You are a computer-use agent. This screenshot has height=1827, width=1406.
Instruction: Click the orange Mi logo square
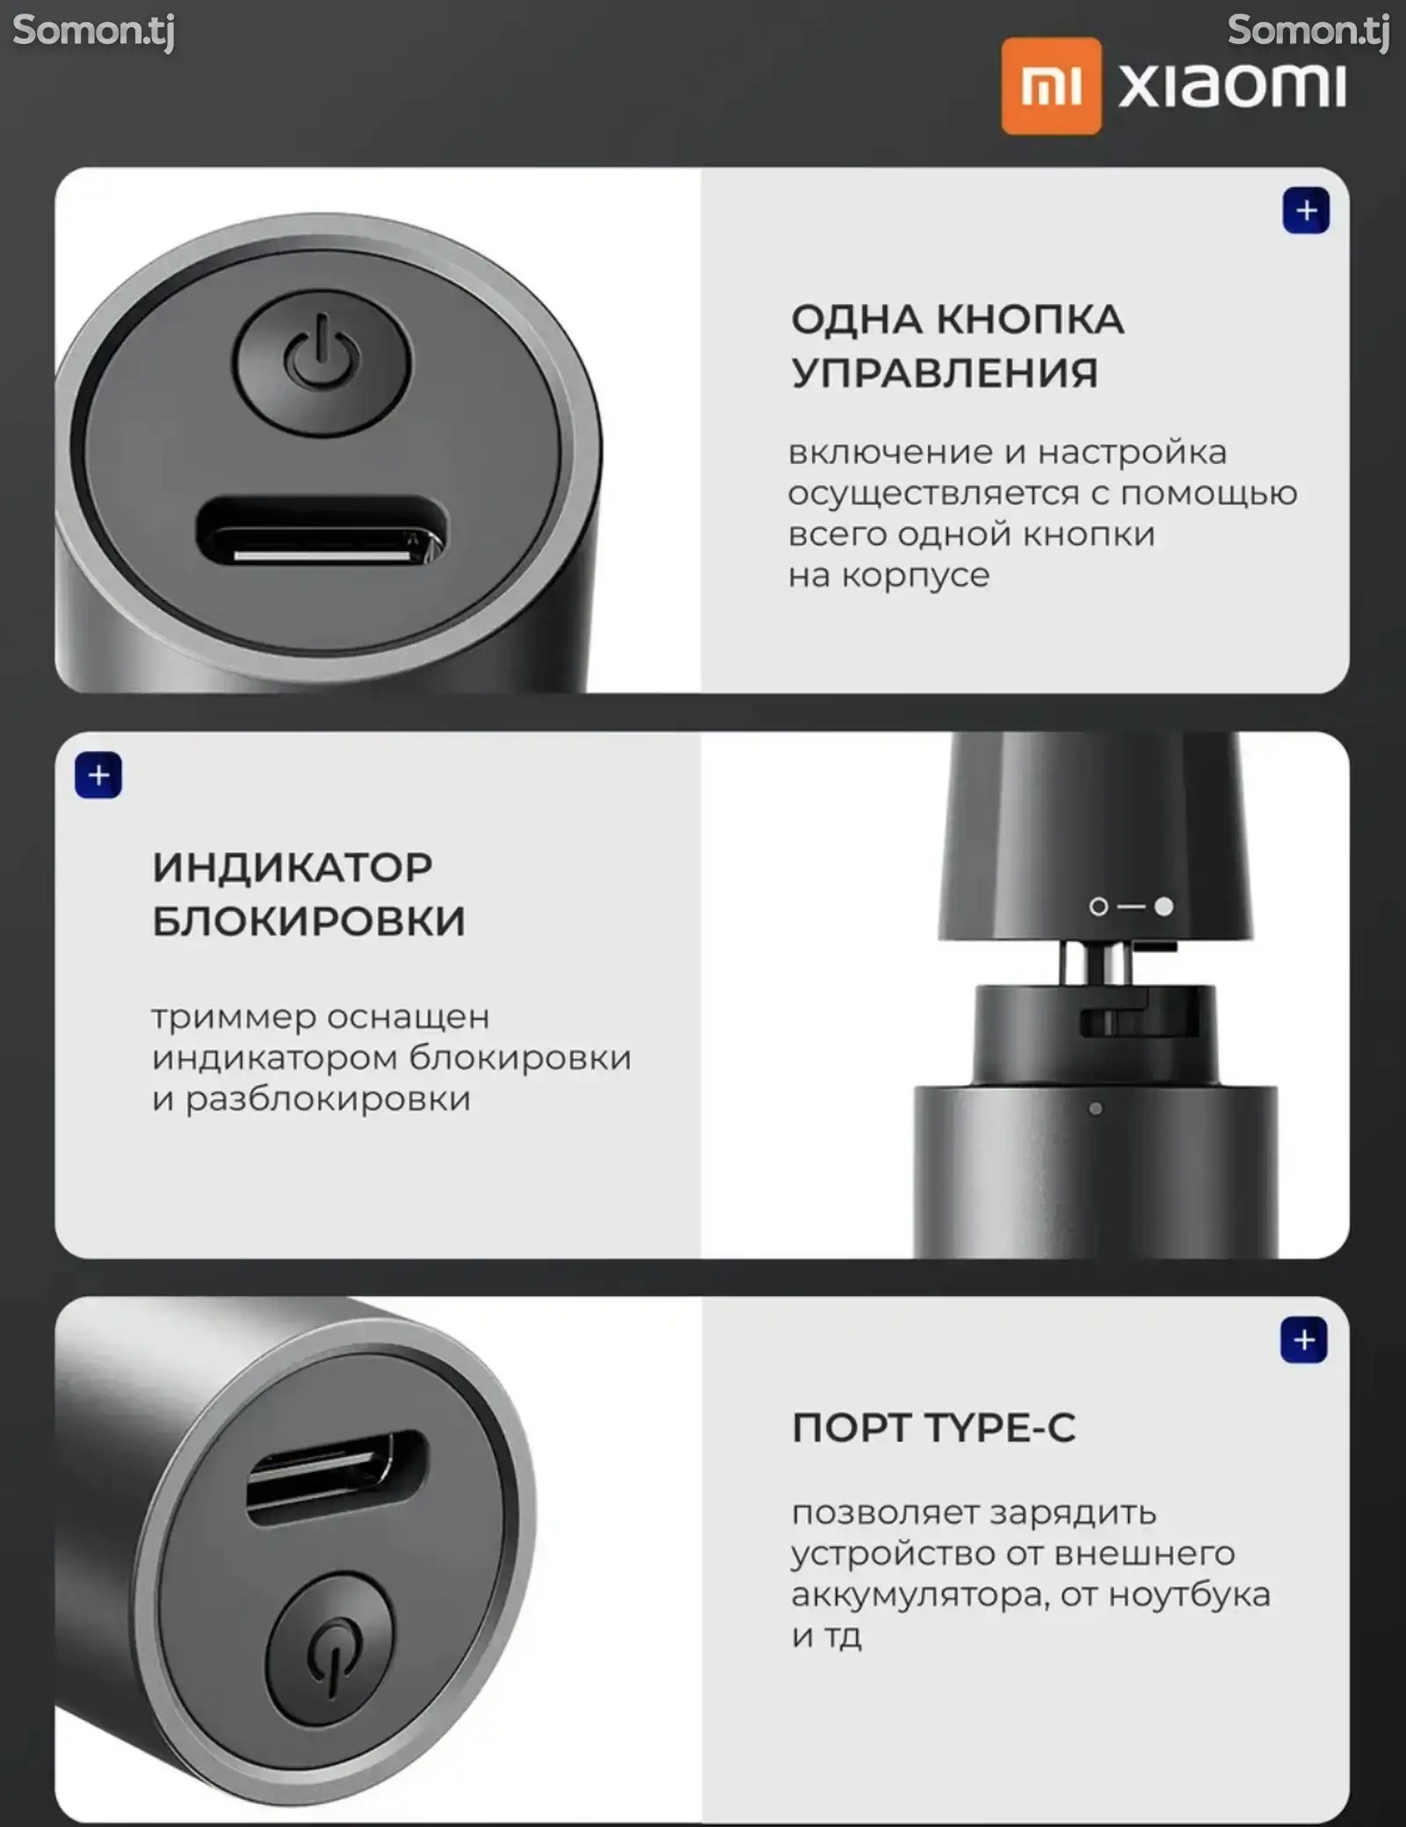tap(1051, 85)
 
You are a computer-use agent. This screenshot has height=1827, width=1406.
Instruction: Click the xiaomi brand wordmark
tap(1232, 85)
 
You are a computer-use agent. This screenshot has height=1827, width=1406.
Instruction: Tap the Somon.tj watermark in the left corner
tap(94, 32)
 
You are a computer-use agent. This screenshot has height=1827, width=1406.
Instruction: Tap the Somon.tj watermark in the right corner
tap(1308, 32)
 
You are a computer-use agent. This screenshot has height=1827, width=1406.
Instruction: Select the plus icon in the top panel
tap(1306, 211)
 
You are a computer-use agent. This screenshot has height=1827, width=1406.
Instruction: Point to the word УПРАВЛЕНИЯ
tap(945, 373)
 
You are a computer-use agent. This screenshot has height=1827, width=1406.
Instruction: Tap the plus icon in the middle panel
tap(98, 775)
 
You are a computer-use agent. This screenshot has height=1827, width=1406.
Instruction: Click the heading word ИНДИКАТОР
tap(293, 867)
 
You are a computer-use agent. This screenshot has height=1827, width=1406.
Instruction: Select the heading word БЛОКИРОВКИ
tap(308, 921)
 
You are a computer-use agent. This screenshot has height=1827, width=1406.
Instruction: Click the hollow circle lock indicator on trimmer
tap(1098, 906)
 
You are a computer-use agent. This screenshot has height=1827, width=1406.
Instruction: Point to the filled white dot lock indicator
tap(1163, 906)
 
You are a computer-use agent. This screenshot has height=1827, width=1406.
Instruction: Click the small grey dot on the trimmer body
tap(1095, 1109)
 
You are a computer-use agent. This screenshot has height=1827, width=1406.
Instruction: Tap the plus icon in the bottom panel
tap(1304, 1340)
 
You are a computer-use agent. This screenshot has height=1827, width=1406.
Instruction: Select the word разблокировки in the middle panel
tap(328, 1098)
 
